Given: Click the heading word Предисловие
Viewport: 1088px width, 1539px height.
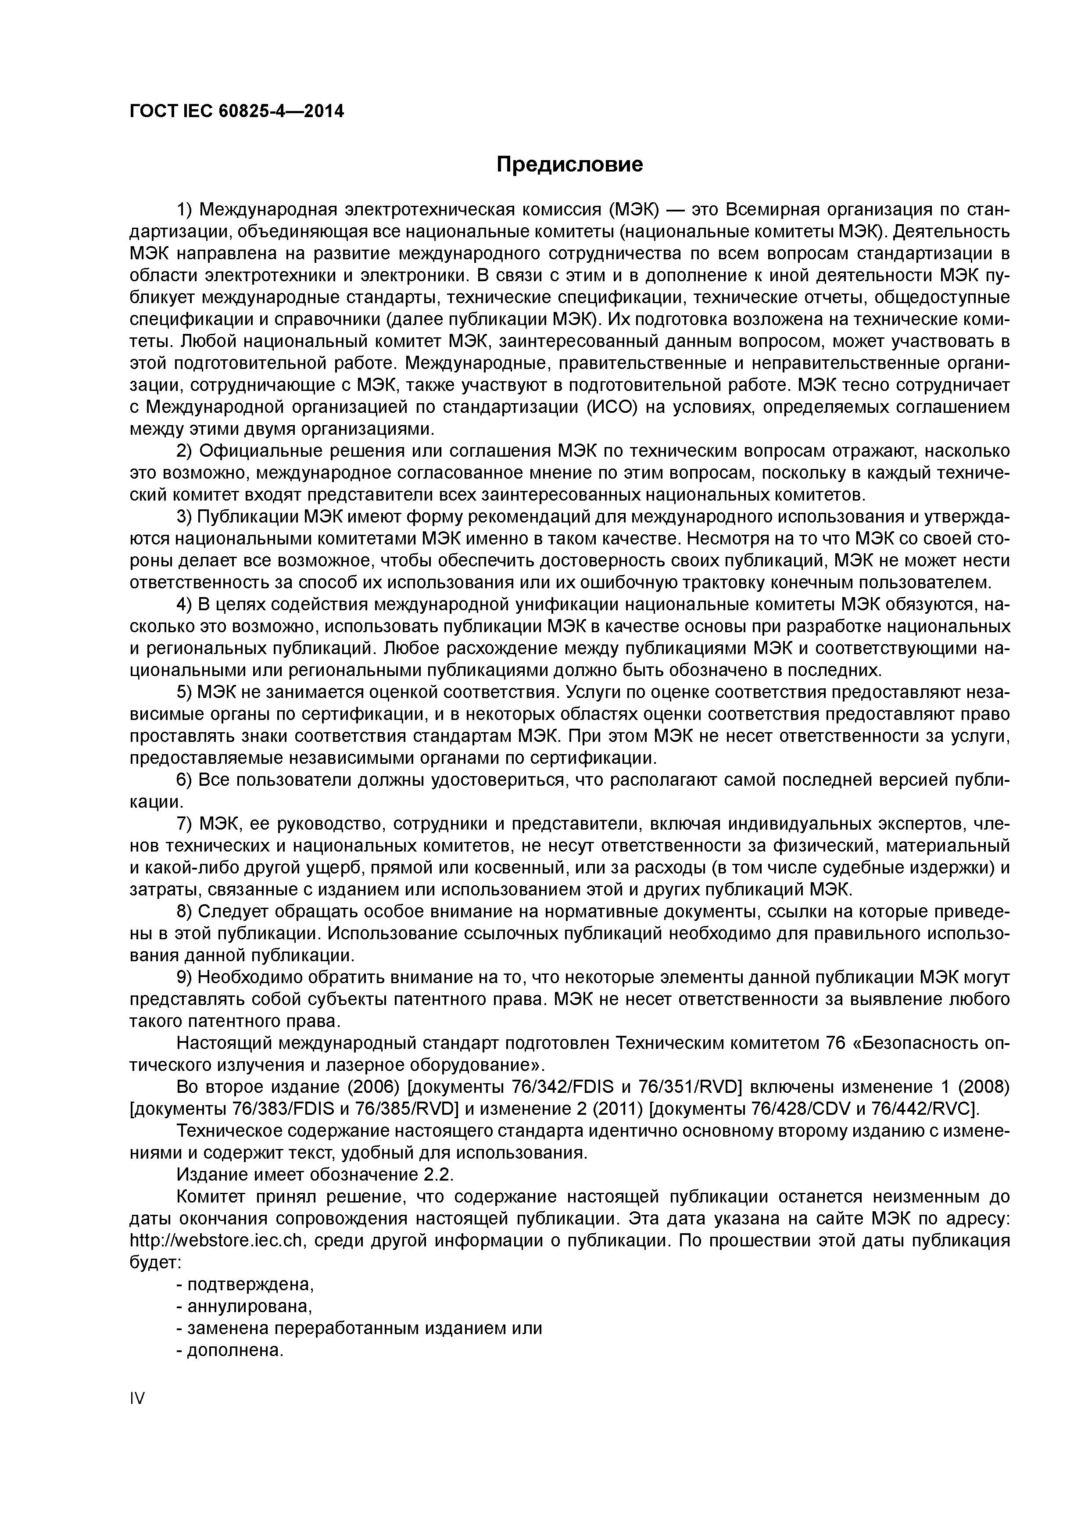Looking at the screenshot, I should (x=570, y=164).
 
